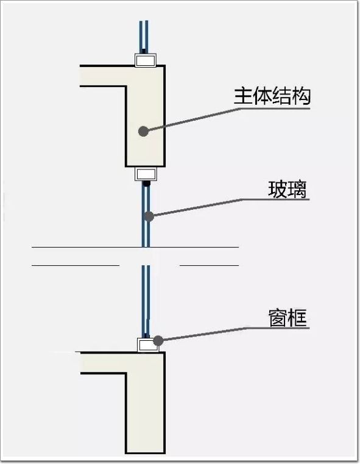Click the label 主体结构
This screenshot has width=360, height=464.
click(x=272, y=96)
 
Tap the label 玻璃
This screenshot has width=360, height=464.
click(x=288, y=189)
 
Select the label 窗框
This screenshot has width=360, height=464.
click(x=288, y=318)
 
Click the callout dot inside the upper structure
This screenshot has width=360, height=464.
click(x=143, y=131)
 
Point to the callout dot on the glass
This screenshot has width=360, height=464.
click(x=149, y=216)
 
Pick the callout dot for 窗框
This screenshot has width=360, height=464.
click(x=158, y=341)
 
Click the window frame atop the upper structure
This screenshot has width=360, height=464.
click(x=146, y=60)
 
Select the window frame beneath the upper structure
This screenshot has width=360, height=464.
click(x=146, y=174)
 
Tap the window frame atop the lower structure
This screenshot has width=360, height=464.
click(x=148, y=344)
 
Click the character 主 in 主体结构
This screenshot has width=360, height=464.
click(x=243, y=96)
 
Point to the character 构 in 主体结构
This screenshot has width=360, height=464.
click(x=301, y=96)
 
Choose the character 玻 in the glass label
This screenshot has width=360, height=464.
click(x=278, y=189)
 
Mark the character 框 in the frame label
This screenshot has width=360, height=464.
click(x=298, y=318)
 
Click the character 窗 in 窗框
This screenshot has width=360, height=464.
click(x=278, y=318)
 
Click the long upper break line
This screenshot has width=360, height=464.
click(x=135, y=247)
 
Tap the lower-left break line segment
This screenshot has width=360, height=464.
click(x=76, y=265)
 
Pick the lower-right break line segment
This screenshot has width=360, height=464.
click(x=210, y=265)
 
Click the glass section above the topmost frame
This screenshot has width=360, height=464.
click(x=144, y=37)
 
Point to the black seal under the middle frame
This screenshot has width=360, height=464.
click(x=146, y=183)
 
